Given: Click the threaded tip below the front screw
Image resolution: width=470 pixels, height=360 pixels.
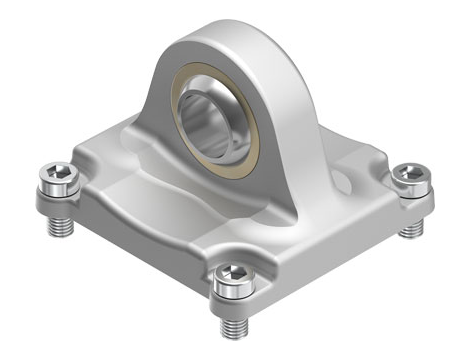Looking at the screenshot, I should tap(232, 326).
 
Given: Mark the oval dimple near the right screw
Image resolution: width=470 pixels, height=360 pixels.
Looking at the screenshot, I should tap(351, 181).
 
